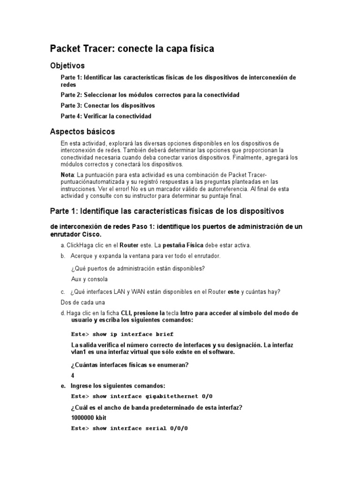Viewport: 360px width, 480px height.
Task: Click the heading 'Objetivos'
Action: click(67, 66)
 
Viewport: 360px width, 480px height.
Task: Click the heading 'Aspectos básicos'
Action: click(82, 131)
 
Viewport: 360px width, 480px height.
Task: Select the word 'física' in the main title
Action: click(201, 49)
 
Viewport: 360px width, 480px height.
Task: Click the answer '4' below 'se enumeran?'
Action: click(73, 375)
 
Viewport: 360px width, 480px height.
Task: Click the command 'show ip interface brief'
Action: click(133, 334)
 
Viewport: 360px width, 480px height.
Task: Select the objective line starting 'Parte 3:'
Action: click(108, 105)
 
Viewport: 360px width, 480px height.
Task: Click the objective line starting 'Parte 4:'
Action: click(106, 116)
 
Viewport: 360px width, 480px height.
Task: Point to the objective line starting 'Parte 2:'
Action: click(150, 95)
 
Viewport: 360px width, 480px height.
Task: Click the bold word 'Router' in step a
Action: click(129, 245)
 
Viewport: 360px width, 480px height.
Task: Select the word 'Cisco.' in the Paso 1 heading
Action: click(91, 234)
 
